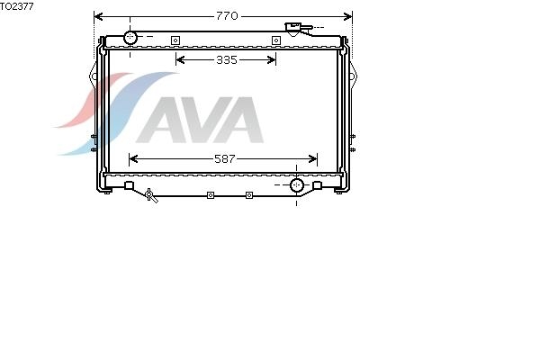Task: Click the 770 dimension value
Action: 227,16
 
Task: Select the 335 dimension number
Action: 227,60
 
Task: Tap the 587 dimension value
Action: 224,158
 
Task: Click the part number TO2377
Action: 17,6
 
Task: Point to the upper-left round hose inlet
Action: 130,38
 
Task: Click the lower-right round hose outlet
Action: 296,185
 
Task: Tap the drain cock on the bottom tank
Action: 151,195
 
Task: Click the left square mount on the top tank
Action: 175,40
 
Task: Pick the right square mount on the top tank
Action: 276,40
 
